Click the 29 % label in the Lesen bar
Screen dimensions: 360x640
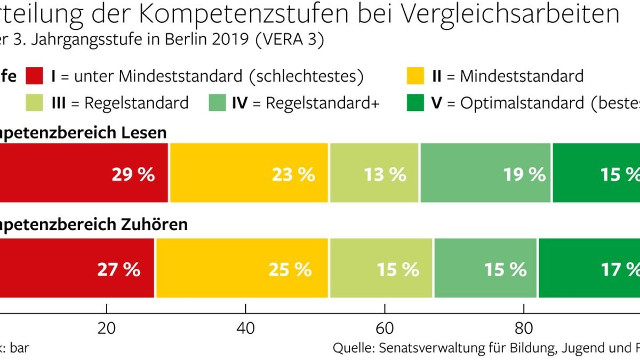(133, 174)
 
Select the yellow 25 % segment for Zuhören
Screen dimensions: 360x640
(242, 269)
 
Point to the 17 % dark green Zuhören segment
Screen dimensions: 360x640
(589, 269)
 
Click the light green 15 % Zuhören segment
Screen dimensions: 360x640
(381, 269)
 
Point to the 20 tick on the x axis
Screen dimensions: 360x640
(107, 326)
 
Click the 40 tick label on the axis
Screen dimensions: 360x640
(245, 326)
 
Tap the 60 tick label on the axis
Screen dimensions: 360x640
(384, 326)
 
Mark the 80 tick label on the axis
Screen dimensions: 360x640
(523, 326)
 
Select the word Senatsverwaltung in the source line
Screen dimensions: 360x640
(431, 348)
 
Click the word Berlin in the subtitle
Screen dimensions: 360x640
(185, 42)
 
